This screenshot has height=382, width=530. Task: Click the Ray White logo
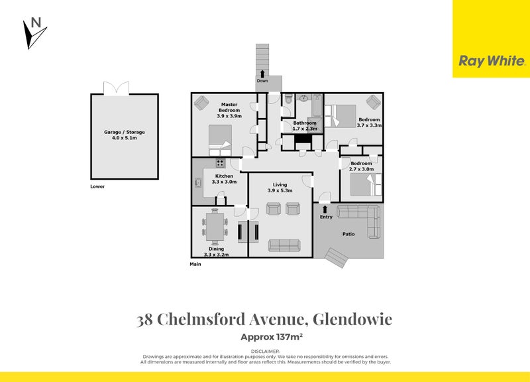(x=492, y=61)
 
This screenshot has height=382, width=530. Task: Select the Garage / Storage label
(x=124, y=135)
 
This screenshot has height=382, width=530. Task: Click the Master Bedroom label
(x=229, y=110)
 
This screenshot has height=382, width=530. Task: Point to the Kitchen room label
(x=223, y=178)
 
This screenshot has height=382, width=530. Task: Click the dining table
(x=214, y=226)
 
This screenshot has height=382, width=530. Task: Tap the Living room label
(x=280, y=188)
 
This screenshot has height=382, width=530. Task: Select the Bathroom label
(x=305, y=126)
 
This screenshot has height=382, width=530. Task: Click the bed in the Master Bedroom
(x=220, y=140)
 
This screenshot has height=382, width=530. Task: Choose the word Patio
(x=349, y=234)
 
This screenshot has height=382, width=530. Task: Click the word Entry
(x=326, y=217)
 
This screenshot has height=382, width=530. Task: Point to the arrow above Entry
(x=325, y=208)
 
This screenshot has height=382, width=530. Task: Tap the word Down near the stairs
(x=262, y=81)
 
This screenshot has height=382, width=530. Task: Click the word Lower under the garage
(x=97, y=186)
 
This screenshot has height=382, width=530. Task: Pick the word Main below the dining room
(x=195, y=264)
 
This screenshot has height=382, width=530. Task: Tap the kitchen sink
(x=197, y=181)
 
